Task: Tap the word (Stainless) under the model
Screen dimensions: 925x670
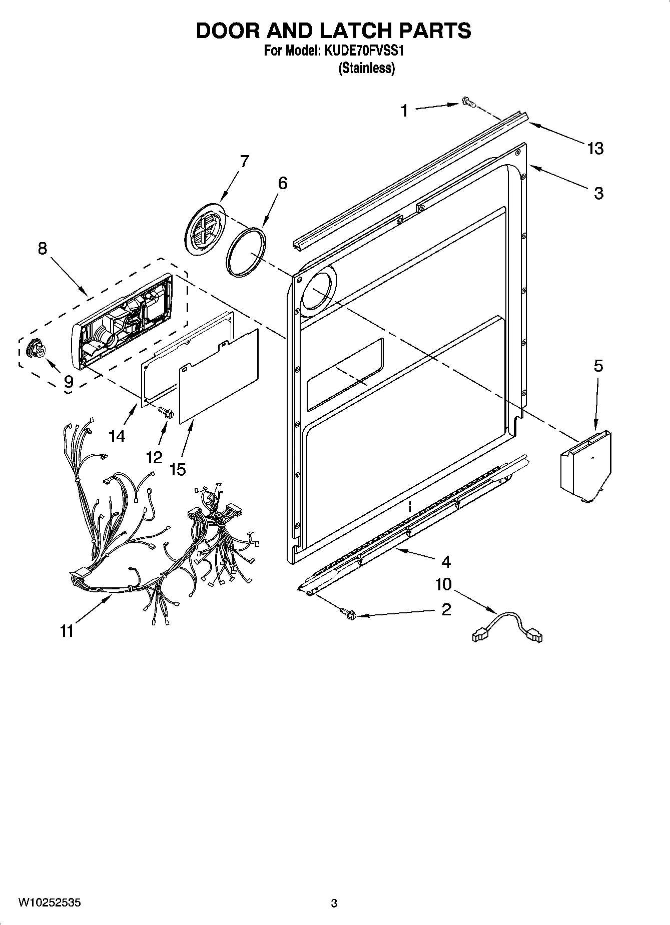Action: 366,69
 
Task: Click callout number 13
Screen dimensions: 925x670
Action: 595,148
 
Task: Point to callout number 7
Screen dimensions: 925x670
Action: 244,161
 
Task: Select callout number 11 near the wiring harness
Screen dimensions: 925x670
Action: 67,631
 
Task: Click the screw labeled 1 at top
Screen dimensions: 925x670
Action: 467,103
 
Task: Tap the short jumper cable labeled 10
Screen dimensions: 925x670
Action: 507,628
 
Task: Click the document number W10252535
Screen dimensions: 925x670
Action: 49,902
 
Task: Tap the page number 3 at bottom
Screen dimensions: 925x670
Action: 334,903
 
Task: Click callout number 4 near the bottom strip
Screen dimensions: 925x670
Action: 446,562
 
